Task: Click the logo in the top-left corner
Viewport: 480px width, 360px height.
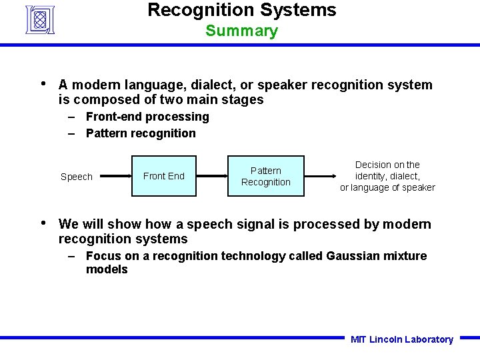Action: [x=40, y=19]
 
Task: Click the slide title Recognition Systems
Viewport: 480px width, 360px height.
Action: [x=241, y=10]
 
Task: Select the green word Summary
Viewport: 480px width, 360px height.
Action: [x=241, y=31]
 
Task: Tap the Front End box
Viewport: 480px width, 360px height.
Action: [x=164, y=176]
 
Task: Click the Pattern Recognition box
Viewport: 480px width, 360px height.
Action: [x=266, y=176]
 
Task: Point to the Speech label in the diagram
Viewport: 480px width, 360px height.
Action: [x=77, y=177]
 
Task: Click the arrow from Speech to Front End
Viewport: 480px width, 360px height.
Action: [x=113, y=176]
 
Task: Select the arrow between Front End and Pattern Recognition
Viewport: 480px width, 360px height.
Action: [x=213, y=176]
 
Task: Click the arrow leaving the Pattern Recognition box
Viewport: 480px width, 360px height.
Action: [x=320, y=176]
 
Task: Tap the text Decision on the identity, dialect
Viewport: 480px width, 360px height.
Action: [x=387, y=171]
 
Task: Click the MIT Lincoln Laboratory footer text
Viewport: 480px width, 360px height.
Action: [x=401, y=339]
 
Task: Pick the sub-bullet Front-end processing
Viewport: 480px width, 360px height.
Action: [x=147, y=117]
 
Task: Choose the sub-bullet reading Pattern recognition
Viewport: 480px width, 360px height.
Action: [x=141, y=133]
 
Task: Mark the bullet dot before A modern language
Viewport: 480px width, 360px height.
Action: [x=43, y=84]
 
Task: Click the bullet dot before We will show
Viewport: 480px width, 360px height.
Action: [x=43, y=223]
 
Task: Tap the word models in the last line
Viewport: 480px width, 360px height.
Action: [x=107, y=269]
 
